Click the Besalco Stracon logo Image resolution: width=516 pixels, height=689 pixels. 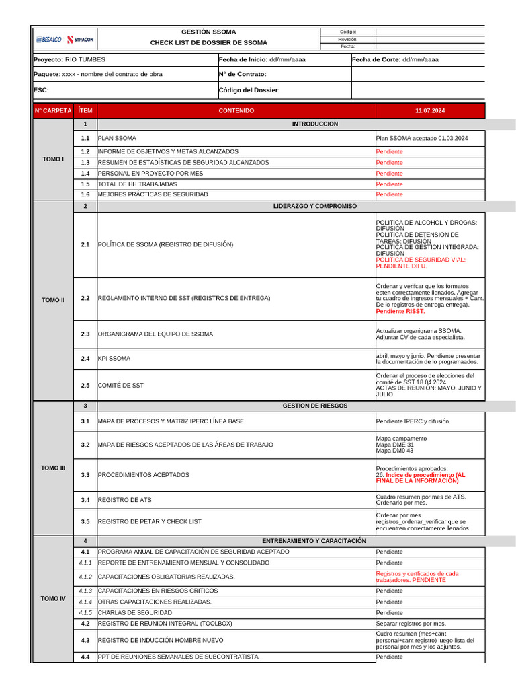click(64, 39)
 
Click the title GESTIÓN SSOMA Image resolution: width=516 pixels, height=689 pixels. click(208, 32)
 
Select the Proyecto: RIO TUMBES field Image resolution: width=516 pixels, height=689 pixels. click(69, 59)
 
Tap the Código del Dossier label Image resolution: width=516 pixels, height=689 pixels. click(249, 90)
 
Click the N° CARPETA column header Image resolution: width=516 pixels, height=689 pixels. click(53, 110)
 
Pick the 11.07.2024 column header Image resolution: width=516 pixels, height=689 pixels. click(430, 110)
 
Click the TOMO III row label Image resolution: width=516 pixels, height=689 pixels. click(53, 468)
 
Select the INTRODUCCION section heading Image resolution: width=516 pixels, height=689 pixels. click(315, 124)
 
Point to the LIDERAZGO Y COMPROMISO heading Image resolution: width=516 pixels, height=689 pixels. click(315, 206)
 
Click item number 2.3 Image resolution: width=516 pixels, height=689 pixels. click(85, 334)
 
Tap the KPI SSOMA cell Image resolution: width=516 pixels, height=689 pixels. click(114, 359)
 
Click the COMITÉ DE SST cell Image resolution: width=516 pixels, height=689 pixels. click(121, 386)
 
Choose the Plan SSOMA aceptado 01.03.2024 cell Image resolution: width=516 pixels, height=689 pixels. click(421, 138)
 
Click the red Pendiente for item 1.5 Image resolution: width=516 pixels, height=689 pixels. click(390, 184)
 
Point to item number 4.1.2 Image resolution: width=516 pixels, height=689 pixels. click(85, 577)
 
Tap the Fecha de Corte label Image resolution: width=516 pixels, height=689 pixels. click(376, 59)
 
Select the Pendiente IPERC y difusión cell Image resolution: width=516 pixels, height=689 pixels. click(413, 421)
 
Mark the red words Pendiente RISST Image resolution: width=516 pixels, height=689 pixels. click(400, 312)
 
